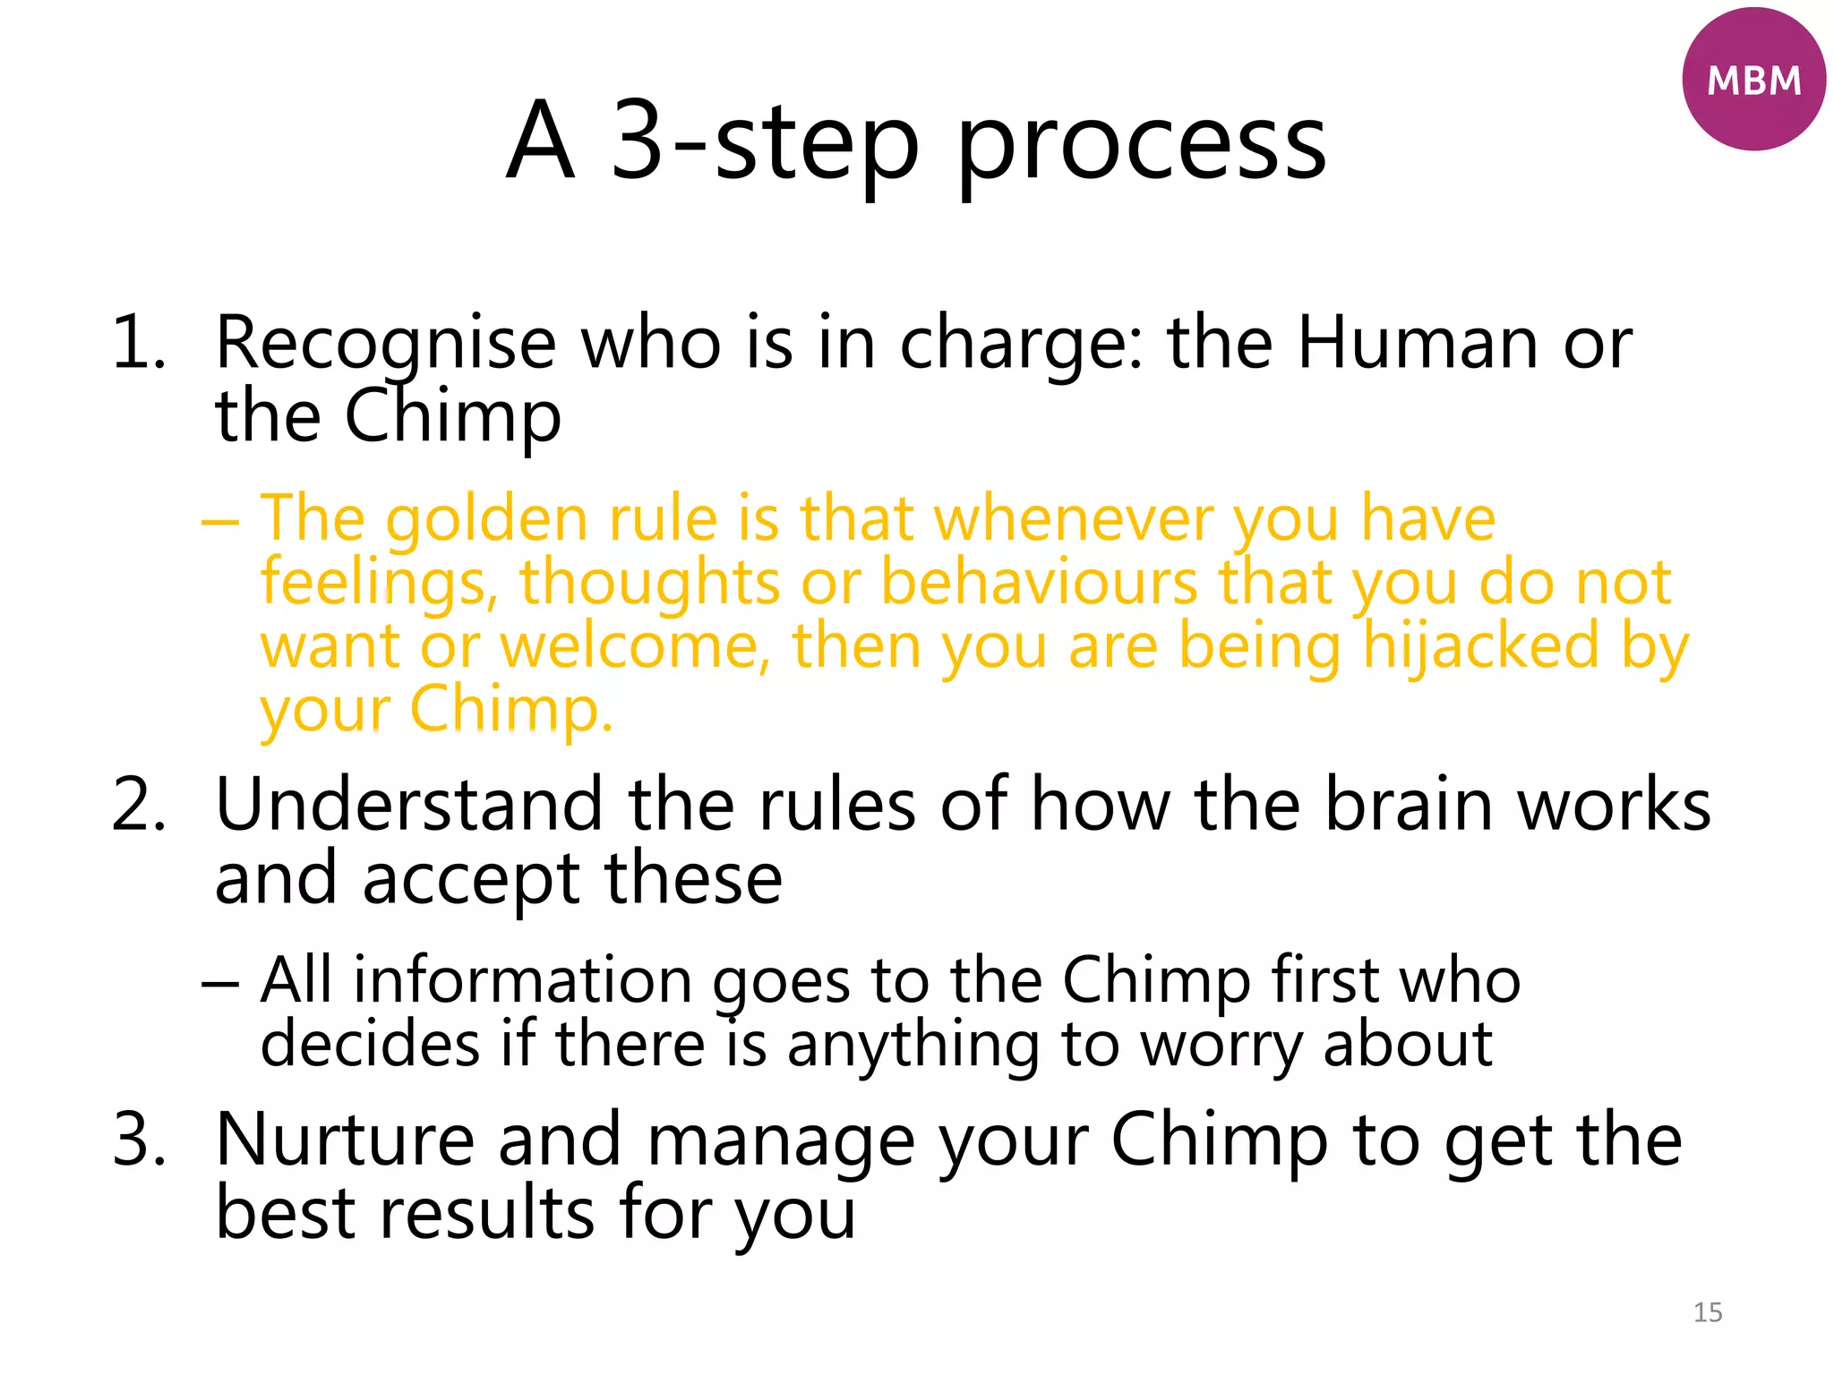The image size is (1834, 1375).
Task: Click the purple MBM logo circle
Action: [1753, 80]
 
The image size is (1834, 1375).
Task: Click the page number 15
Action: [1708, 1312]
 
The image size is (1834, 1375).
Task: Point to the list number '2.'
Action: [139, 804]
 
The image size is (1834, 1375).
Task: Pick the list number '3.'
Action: [139, 1139]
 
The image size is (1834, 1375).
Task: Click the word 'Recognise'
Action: [386, 344]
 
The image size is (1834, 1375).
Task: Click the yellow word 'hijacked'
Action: [1480, 646]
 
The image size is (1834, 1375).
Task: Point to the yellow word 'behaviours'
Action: [1039, 583]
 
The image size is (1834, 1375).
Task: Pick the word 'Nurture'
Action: [345, 1139]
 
